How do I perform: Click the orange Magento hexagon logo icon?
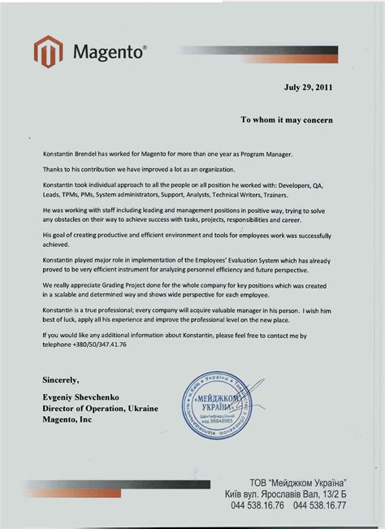pos(48,52)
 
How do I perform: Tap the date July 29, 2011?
pos(307,87)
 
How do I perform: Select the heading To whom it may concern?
pos(286,119)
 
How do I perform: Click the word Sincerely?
pos(60,379)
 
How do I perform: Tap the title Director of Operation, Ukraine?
pos(100,408)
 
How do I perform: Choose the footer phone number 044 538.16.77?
pos(320,505)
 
